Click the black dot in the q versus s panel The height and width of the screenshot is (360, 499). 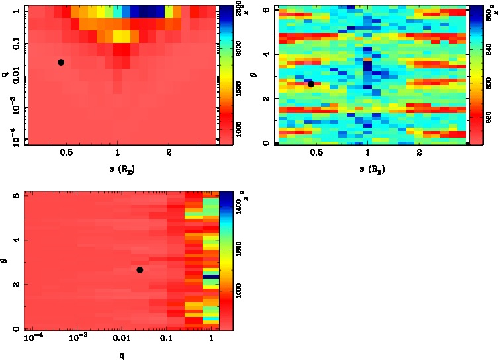(61, 62)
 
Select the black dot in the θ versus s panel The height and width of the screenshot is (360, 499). (311, 84)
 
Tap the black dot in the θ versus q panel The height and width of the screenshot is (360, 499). (140, 270)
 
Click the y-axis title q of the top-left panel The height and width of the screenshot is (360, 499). (5, 75)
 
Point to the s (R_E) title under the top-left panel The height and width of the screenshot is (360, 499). (119, 169)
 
